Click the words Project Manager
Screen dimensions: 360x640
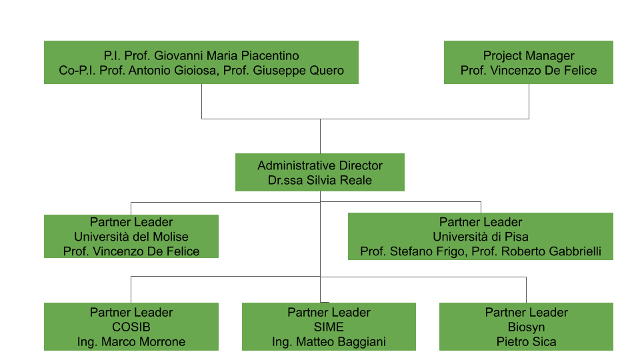pyautogui.click(x=529, y=56)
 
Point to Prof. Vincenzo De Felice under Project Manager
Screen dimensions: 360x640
pyautogui.click(x=529, y=71)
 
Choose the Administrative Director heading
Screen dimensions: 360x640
pyautogui.click(x=320, y=165)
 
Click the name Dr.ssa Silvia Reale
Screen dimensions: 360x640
pyautogui.click(x=320, y=180)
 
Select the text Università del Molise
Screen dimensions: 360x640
pyautogui.click(x=131, y=237)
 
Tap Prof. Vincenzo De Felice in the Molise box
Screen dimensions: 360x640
pyautogui.click(x=131, y=251)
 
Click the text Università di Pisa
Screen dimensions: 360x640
pyautogui.click(x=481, y=237)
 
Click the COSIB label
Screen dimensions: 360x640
pyautogui.click(x=131, y=327)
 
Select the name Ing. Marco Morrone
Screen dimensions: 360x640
pyautogui.click(x=131, y=342)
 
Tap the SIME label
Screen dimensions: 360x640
pyautogui.click(x=329, y=327)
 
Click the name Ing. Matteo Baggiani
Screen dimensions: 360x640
pyautogui.click(x=329, y=342)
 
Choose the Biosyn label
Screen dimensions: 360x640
pyautogui.click(x=527, y=327)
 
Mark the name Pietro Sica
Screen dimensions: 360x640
pyautogui.click(x=527, y=342)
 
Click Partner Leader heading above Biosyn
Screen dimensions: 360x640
pyautogui.click(x=527, y=313)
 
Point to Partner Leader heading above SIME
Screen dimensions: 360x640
pyautogui.click(x=329, y=313)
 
